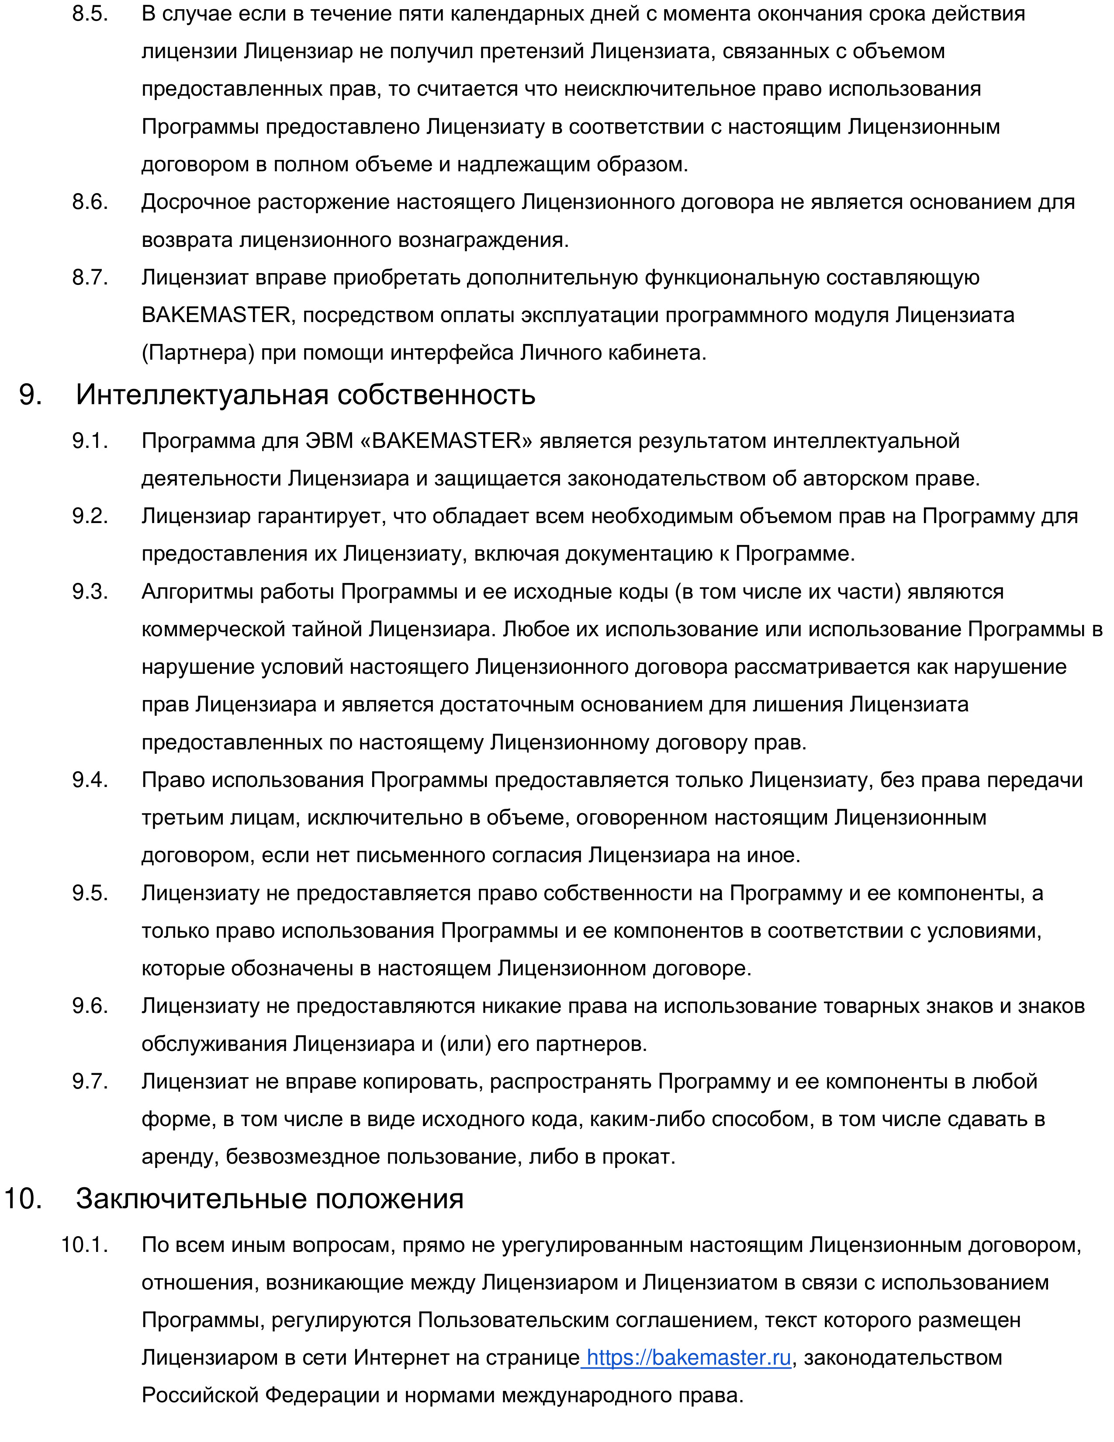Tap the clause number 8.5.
tap(90, 14)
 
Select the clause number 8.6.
tap(90, 202)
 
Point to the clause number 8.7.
tap(90, 277)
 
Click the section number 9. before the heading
tap(31, 395)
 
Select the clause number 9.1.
tap(90, 440)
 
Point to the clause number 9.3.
tap(90, 592)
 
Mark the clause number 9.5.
tap(90, 893)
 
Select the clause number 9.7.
tap(90, 1081)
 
